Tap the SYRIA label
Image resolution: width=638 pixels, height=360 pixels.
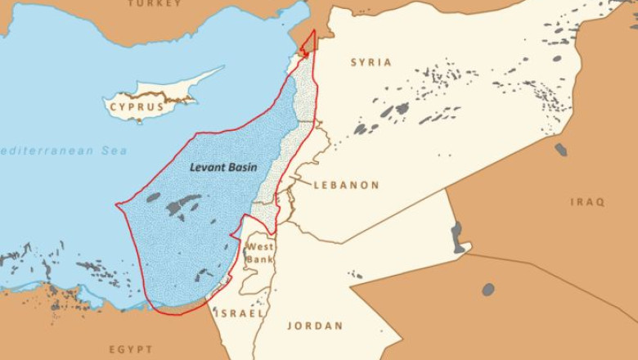coord(371,62)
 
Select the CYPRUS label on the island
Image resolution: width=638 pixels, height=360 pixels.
coord(137,106)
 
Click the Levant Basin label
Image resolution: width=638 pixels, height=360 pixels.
coord(222,167)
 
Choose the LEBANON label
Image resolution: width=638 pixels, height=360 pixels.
coord(346,185)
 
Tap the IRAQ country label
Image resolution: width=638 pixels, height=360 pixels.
coord(587,201)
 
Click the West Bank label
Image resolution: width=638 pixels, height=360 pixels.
coord(260,253)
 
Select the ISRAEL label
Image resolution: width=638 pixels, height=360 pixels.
coord(240,313)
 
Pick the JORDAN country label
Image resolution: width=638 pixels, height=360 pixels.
coord(315,326)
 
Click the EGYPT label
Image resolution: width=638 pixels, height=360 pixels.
coord(131,349)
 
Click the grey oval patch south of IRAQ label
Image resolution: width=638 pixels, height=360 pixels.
coord(488,289)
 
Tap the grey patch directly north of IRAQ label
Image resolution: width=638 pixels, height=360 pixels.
coord(561,150)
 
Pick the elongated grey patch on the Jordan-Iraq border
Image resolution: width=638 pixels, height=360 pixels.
coord(457,237)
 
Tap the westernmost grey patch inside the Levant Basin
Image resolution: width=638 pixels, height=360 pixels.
coord(153,197)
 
